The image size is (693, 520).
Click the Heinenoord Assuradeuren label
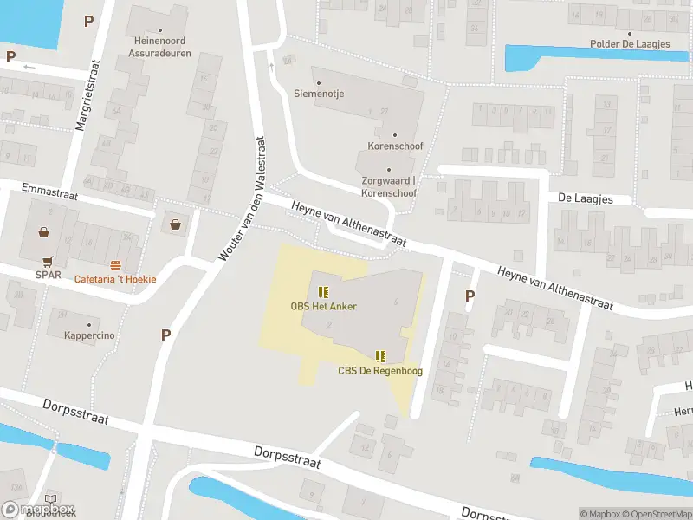[162, 47]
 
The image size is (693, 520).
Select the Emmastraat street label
[50, 192]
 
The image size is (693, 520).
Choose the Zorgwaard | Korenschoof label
[389, 186]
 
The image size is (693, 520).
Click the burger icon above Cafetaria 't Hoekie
[115, 263]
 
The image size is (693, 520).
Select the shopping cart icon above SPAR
[49, 261]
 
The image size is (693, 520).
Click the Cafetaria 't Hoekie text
[115, 279]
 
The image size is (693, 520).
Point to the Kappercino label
[89, 335]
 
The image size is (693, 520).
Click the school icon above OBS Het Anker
[323, 292]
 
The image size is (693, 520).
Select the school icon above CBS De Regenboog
[379, 356]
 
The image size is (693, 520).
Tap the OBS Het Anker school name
[323, 306]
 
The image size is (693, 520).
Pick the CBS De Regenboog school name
[379, 371]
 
